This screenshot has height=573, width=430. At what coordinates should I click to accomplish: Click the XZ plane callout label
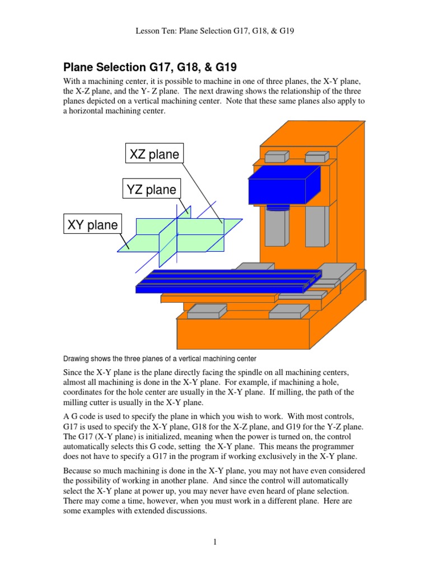[154, 154]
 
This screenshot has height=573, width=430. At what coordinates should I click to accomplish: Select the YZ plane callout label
[152, 190]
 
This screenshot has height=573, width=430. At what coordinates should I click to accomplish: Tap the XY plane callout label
[93, 225]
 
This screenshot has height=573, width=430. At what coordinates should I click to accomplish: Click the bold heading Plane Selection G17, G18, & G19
[150, 68]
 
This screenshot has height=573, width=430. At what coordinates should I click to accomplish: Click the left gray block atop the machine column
[276, 156]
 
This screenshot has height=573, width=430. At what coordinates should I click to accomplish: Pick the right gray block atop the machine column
[316, 156]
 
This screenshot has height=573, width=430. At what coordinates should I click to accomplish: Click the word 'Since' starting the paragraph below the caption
[74, 372]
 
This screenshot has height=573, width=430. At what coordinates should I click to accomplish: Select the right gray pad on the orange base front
[288, 311]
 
